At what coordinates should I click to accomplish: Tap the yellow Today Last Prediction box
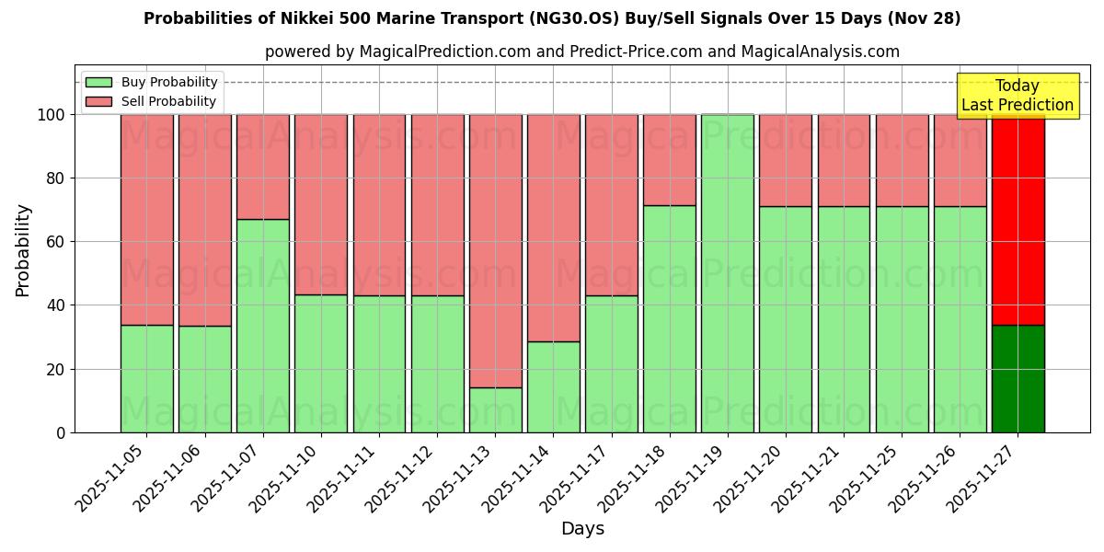click(x=1017, y=96)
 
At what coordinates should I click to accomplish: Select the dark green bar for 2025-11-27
click(x=1018, y=378)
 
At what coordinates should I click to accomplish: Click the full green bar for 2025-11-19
click(x=727, y=273)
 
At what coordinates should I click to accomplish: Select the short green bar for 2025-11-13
click(x=495, y=409)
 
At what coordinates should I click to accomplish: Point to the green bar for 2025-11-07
click(x=262, y=326)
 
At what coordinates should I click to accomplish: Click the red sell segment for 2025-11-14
click(x=553, y=227)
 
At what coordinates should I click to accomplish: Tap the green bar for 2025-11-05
click(x=146, y=378)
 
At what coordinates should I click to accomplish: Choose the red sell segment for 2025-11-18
click(x=669, y=159)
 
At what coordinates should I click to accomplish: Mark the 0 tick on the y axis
click(x=61, y=432)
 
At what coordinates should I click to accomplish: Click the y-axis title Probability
click(x=23, y=249)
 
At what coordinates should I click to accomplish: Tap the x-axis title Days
click(x=582, y=529)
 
